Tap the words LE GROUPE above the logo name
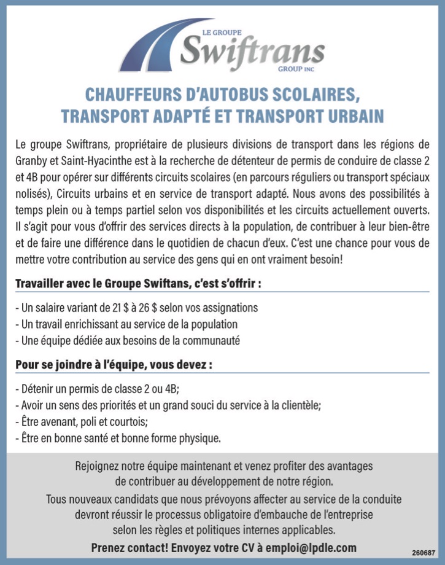(x=222, y=32)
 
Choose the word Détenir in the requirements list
(x=39, y=389)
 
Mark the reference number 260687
(x=424, y=553)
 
